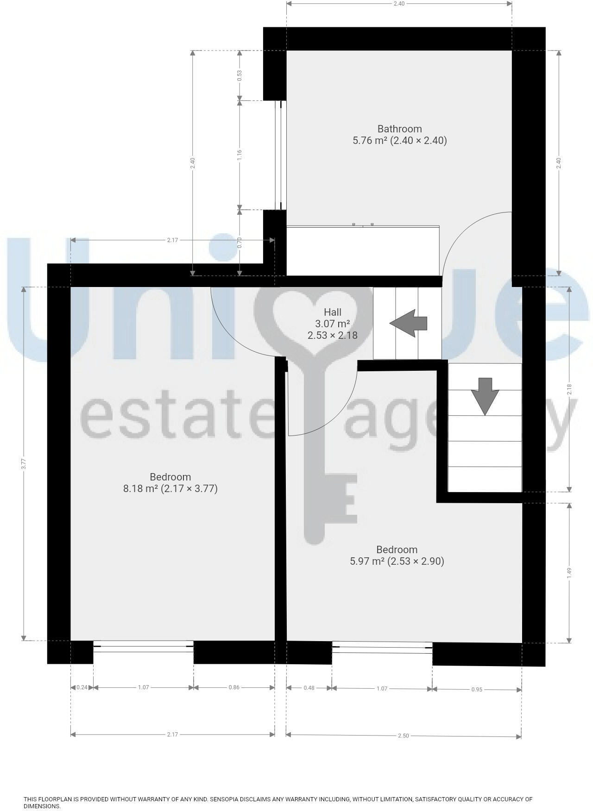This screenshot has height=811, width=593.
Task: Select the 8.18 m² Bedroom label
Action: click(x=170, y=483)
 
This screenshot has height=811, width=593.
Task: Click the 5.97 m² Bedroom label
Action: click(x=397, y=555)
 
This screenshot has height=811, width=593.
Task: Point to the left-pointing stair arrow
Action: click(x=408, y=323)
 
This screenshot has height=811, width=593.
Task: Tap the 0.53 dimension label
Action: click(x=240, y=75)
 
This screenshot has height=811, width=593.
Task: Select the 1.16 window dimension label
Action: click(x=240, y=155)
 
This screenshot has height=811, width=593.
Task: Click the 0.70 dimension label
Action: click(x=240, y=243)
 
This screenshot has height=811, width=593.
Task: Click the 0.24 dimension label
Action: click(x=82, y=687)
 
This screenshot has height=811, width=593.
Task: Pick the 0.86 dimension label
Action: click(x=234, y=687)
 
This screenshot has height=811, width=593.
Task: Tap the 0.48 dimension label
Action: click(x=309, y=688)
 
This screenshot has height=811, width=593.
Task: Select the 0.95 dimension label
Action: click(x=477, y=689)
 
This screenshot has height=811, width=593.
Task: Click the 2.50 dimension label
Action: click(x=403, y=736)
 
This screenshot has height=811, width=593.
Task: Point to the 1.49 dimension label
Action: click(x=569, y=572)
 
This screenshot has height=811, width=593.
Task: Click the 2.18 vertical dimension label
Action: click(x=569, y=390)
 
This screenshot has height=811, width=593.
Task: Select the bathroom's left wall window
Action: click(x=279, y=155)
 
